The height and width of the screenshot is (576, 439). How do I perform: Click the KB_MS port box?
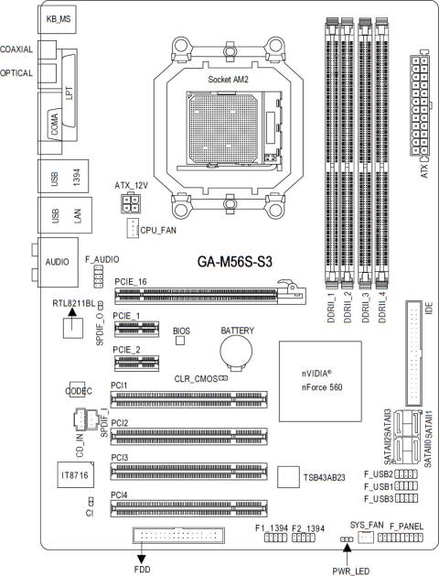pyautogui.click(x=59, y=17)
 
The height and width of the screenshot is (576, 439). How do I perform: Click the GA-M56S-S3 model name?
pyautogui.click(x=235, y=261)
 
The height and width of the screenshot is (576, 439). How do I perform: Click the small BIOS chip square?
pyautogui.click(x=180, y=341)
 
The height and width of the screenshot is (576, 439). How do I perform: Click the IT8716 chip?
pyautogui.click(x=71, y=477)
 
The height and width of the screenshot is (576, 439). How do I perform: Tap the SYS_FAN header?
pyautogui.click(x=366, y=537)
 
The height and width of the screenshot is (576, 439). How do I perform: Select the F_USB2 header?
pyautogui.click(x=407, y=474)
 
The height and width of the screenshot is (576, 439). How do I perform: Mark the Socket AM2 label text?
pyautogui.click(x=230, y=80)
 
